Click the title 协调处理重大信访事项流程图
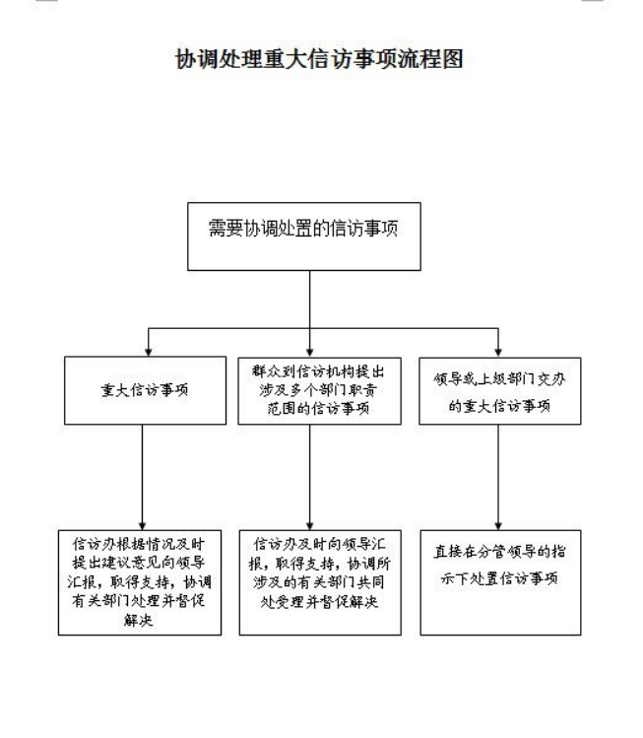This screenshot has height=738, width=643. pos(319,59)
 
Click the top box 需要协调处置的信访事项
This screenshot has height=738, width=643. pos(304,236)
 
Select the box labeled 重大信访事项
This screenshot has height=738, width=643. pos(145,390)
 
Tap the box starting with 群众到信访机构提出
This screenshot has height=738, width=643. pos(319,390)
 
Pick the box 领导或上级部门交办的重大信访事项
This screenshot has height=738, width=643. pos(500,390)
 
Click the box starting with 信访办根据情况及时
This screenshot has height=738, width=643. pos(140,582)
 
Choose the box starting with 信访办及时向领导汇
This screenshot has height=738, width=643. pos(320,582)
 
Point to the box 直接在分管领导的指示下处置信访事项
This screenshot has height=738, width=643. pos(500,582)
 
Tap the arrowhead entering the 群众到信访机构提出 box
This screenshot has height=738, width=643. pos(309,353)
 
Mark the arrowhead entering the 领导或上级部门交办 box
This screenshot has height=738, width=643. pos(498,353)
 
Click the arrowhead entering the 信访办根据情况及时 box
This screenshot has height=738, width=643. pos(142,526)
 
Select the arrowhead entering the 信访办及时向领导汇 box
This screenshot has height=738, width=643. pos(309,526)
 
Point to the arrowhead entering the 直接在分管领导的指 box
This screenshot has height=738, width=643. pos(498,526)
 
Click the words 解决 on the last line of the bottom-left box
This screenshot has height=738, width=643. pos(138,620)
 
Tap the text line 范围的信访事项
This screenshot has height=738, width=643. pos(318,408)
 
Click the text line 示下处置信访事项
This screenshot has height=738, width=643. pos(499,578)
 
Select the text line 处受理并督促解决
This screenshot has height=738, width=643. pos(319,601)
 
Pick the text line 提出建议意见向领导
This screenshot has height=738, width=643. pos(139,563)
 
